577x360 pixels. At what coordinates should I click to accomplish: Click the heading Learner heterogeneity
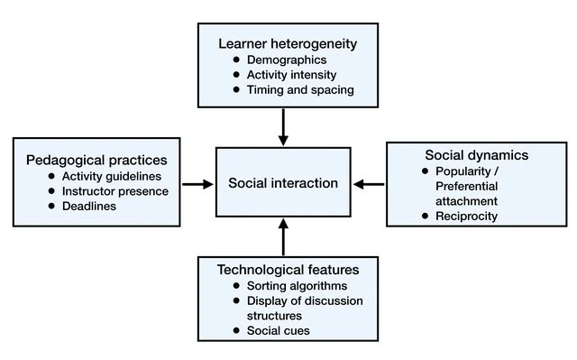288,44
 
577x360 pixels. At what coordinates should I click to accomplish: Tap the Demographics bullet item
287,60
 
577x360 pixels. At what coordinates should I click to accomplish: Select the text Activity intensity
291,75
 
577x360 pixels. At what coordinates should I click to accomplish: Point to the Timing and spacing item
300,90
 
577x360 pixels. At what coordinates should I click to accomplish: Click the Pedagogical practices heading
96,160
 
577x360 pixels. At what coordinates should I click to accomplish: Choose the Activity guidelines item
112,176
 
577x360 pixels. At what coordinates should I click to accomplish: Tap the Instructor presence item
115,191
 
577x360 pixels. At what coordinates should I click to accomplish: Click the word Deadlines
89,206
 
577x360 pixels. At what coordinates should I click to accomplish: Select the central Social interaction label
283,183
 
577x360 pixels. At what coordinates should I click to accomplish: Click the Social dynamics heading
477,155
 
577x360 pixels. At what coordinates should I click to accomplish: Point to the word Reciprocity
466,216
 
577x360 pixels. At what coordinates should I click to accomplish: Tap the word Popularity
463,171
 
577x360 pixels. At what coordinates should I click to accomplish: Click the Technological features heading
288,270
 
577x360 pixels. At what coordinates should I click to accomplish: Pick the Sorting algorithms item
297,286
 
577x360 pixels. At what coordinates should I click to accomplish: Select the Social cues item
279,330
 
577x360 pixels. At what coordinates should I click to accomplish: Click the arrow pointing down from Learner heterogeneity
283,127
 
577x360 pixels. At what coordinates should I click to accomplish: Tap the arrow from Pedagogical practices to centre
197,184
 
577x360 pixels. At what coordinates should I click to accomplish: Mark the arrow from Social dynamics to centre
369,184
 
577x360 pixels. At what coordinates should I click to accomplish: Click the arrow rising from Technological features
283,237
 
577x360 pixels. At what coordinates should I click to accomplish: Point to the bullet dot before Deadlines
51,206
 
